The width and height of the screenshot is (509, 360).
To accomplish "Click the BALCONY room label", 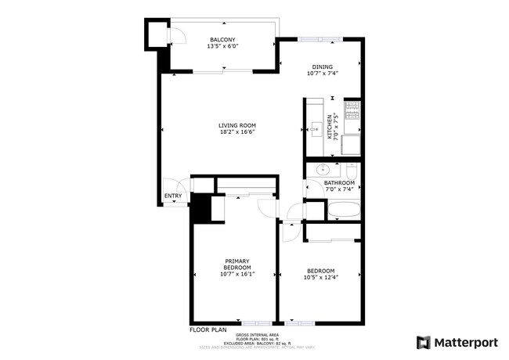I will [x=222, y=40].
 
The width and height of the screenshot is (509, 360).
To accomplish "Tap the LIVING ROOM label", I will [x=237, y=125].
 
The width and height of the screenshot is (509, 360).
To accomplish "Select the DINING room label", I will [x=323, y=67].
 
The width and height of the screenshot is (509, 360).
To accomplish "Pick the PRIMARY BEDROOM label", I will [x=237, y=265].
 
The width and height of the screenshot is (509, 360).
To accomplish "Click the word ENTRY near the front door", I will [x=173, y=196].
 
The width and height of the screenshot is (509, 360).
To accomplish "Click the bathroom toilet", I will [x=352, y=170].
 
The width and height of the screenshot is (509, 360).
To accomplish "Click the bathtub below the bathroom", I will [x=344, y=210].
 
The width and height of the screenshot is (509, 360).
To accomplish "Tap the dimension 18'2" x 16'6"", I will [x=237, y=131].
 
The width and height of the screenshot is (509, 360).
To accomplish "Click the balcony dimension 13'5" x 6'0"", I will [x=222, y=46].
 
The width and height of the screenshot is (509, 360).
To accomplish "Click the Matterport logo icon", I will [x=424, y=343].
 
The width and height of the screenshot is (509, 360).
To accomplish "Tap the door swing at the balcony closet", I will [x=177, y=35].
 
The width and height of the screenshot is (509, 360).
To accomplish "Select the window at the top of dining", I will [x=320, y=39].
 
